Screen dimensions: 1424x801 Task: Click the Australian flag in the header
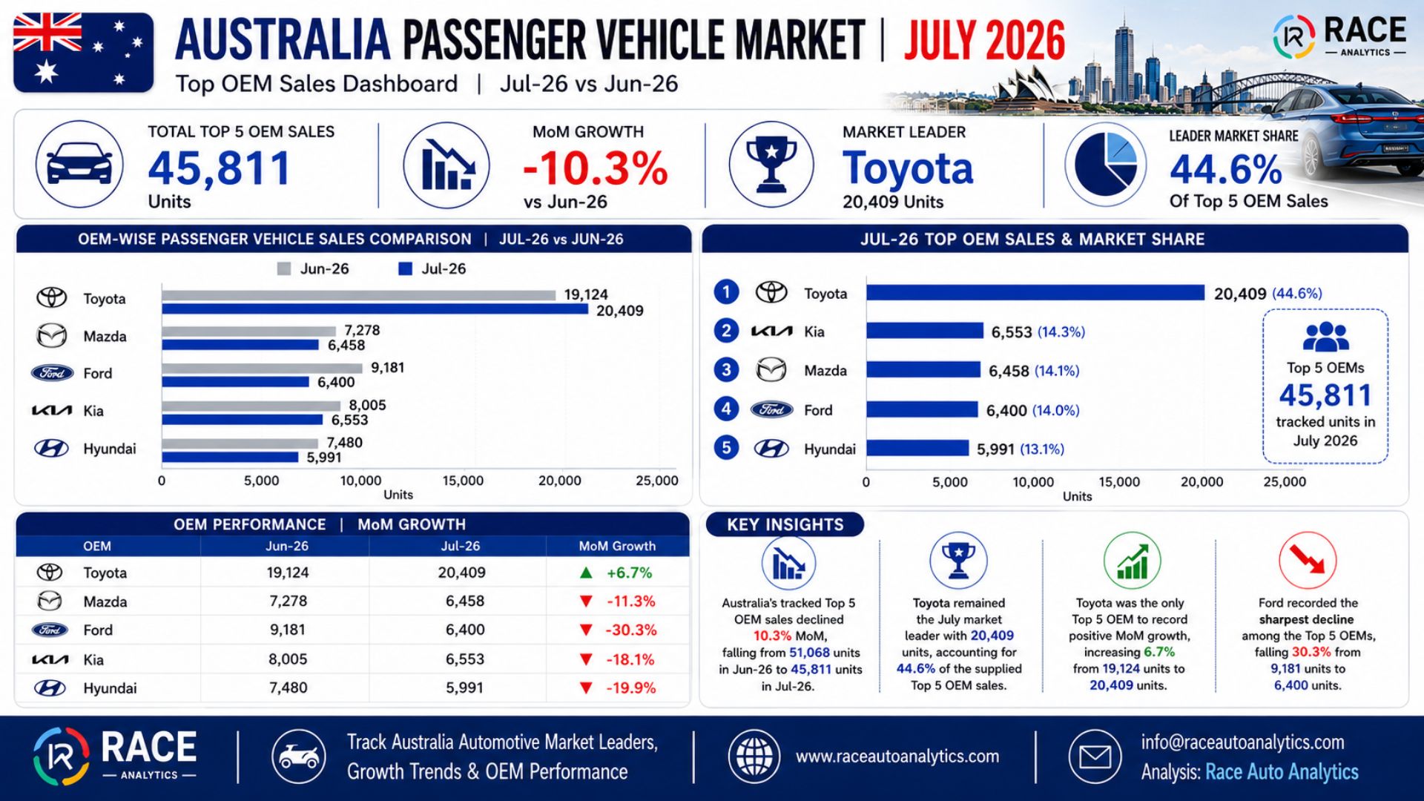83,53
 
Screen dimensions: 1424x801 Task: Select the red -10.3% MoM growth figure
596,168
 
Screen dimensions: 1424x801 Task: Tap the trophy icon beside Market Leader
771,164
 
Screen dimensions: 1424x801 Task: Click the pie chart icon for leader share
1105,164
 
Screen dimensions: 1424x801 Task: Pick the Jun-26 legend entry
313,268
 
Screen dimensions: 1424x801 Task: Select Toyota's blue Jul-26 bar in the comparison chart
375,309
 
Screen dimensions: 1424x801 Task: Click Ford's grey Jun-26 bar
262,368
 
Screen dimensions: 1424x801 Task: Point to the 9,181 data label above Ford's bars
387,368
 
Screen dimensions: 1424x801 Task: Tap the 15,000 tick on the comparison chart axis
463,481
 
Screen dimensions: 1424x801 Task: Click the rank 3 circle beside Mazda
726,369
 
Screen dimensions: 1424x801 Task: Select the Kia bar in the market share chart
925,331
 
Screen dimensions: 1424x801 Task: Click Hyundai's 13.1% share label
1042,449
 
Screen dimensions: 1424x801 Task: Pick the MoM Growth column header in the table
617,546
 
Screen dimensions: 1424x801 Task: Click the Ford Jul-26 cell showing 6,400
465,630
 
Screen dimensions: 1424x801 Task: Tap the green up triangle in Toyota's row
586,573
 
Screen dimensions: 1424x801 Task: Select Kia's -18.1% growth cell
630,659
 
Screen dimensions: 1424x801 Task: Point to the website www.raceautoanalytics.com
897,756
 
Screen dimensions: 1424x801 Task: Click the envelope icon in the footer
1095,757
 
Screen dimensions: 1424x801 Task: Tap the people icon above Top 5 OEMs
1325,337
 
